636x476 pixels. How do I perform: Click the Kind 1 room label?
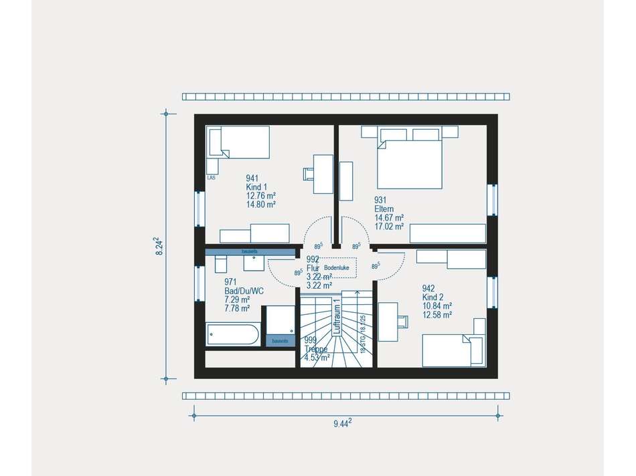pos(256,187)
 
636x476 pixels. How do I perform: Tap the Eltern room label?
pos(385,209)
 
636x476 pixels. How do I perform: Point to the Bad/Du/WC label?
pos(243,291)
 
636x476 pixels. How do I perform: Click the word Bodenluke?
pos(337,267)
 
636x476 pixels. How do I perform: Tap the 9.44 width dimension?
pos(342,423)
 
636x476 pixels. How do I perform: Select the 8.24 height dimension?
pos(159,246)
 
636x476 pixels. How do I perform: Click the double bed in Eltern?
pos(410,160)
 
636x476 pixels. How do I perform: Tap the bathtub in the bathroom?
pos(233,334)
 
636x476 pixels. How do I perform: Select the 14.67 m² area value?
pos(389,218)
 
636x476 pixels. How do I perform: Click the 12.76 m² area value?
pos(261,196)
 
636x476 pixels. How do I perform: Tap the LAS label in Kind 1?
pos(211,178)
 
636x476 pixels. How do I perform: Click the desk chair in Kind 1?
pos(309,174)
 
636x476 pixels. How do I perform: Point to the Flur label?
pos(311,268)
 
